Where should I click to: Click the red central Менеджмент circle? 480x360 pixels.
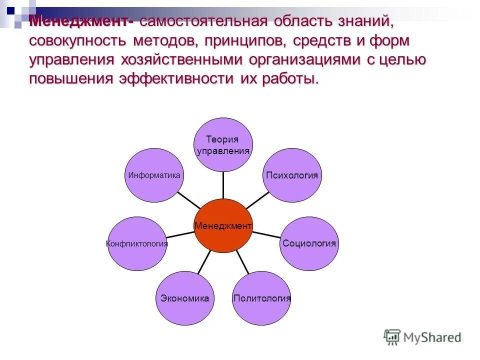pos(223,225)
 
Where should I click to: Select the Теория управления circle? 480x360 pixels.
pos(223,145)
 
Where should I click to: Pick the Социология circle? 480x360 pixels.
pos(309,243)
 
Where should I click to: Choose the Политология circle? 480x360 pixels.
pos(261,298)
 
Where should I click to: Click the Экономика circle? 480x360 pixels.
pos(184,298)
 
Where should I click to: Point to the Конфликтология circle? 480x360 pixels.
pos(137,243)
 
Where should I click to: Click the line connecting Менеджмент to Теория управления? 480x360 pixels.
pos(223,185)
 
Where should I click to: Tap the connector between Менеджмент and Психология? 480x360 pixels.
pos(257,200)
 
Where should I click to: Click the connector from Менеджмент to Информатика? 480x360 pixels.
pos(189,199)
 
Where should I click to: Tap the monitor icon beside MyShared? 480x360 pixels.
pos(392,337)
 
